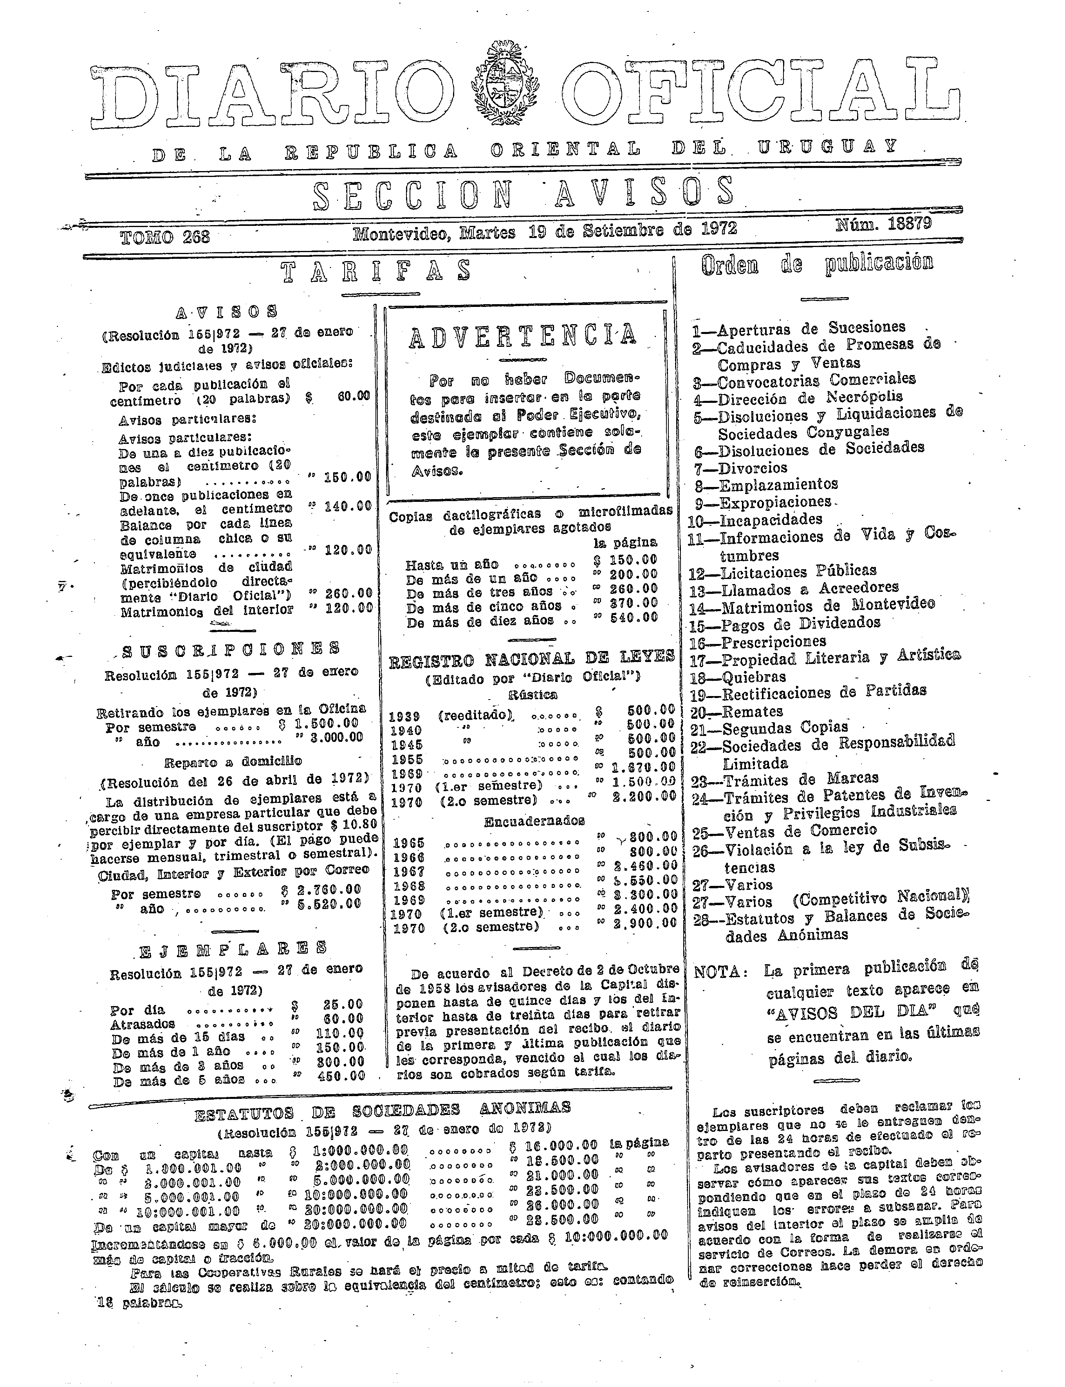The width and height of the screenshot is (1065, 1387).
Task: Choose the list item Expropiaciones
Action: coord(774,502)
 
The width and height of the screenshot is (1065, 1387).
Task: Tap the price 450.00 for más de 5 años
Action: coord(339,1076)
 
